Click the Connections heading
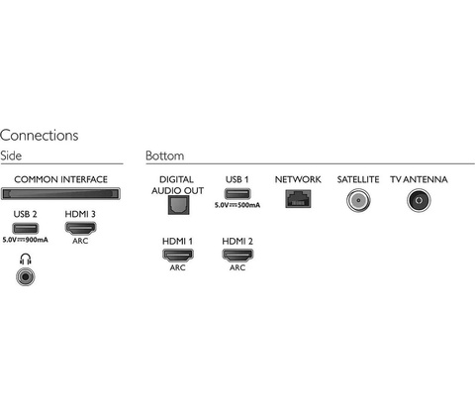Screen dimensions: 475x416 (40, 136)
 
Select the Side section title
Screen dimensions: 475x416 (11, 156)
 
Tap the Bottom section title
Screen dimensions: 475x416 (165, 156)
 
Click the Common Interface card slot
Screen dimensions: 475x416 (60, 193)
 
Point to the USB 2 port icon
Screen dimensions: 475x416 (26, 228)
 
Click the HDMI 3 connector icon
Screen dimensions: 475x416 (80, 228)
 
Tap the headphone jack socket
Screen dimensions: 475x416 (26, 276)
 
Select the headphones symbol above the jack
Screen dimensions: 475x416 (26, 259)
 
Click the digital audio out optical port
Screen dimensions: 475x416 (178, 205)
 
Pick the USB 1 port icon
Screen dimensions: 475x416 (237, 193)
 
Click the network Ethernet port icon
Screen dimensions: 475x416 (298, 199)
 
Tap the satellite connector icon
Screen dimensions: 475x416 (358, 200)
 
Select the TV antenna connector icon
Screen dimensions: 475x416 (419, 200)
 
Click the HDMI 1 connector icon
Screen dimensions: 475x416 (178, 255)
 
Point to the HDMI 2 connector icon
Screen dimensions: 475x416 (237, 255)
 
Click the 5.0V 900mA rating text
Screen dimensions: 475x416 (26, 240)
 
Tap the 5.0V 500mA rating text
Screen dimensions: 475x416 (237, 205)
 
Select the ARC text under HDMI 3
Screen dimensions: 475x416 (80, 241)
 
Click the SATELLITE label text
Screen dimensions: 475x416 (358, 179)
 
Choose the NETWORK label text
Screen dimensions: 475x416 (298, 179)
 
